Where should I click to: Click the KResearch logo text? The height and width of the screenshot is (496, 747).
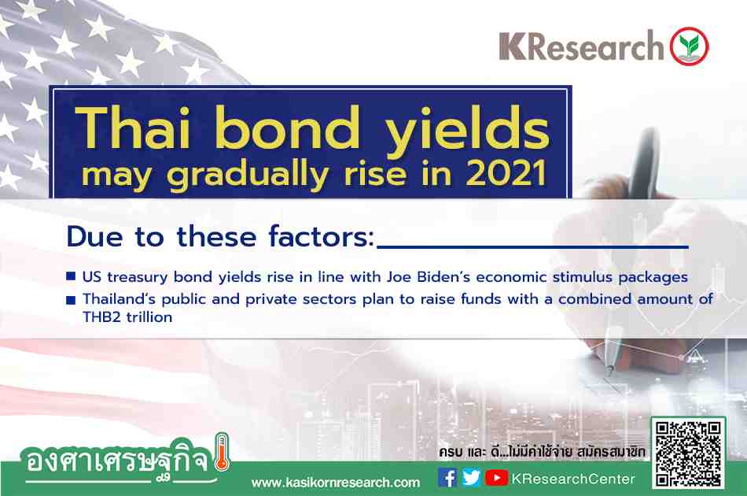(581, 46)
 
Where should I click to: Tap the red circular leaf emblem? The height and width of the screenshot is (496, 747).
(690, 46)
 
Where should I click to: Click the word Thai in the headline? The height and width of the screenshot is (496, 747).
(133, 127)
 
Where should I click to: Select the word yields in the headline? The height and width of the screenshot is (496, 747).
(467, 131)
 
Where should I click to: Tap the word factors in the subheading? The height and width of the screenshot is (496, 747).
(322, 236)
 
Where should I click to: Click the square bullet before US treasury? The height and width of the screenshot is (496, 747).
(71, 276)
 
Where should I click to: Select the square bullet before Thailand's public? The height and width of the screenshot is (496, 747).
(71, 299)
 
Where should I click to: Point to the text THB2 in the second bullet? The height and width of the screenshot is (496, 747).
(101, 317)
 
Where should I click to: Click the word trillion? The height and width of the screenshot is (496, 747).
(149, 317)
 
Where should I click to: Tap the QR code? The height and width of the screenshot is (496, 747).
(688, 453)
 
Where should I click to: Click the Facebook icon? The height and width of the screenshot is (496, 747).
(447, 478)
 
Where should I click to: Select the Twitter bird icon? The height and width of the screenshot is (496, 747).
(471, 478)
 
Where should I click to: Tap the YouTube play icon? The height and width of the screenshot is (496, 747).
(496, 478)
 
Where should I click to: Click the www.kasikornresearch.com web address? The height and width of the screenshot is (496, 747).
(336, 483)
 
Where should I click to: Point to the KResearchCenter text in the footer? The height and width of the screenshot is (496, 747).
(573, 479)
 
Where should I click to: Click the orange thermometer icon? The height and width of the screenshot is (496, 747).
(222, 452)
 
